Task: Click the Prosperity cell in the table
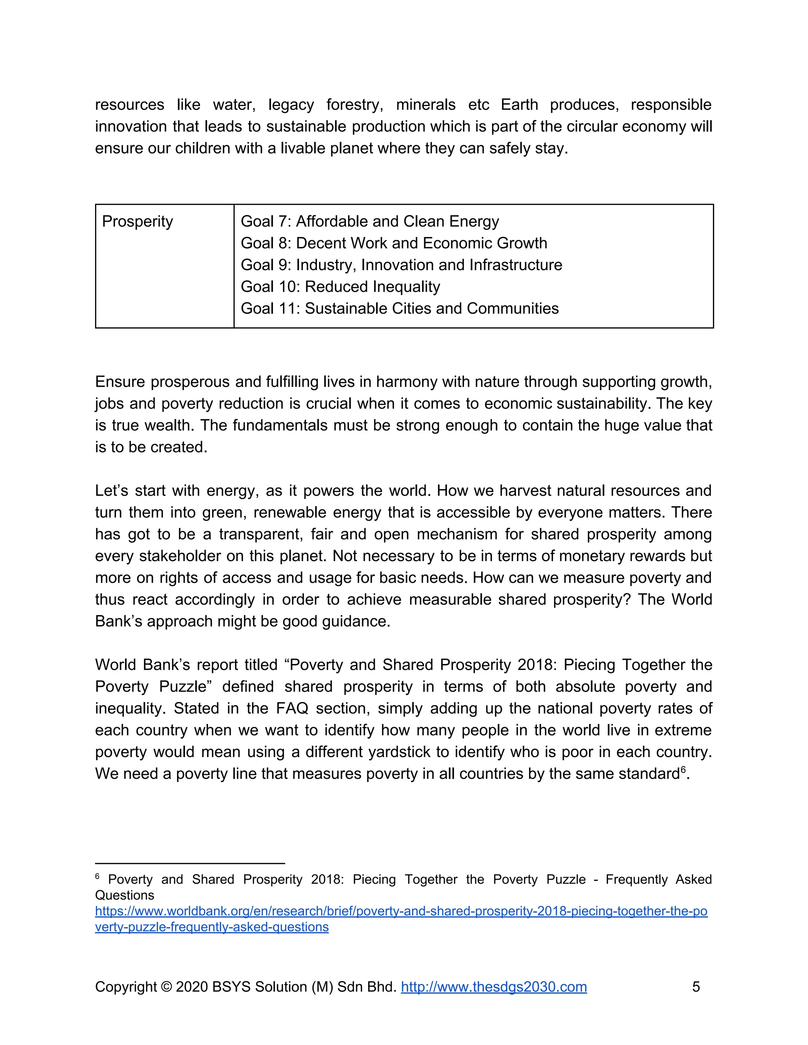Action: pyautogui.click(x=137, y=222)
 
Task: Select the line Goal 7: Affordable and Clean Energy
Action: pyautogui.click(x=370, y=222)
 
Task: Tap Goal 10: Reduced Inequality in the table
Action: pyautogui.click(x=340, y=287)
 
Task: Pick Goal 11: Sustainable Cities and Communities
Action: pyautogui.click(x=399, y=309)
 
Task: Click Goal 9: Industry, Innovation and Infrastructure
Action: pyautogui.click(x=401, y=265)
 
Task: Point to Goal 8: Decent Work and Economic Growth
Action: pyautogui.click(x=393, y=243)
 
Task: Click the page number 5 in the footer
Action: pyautogui.click(x=696, y=987)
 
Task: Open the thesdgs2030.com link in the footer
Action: pyautogui.click(x=494, y=987)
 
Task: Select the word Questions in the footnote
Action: pyautogui.click(x=124, y=895)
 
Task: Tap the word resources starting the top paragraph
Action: pyautogui.click(x=129, y=105)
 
